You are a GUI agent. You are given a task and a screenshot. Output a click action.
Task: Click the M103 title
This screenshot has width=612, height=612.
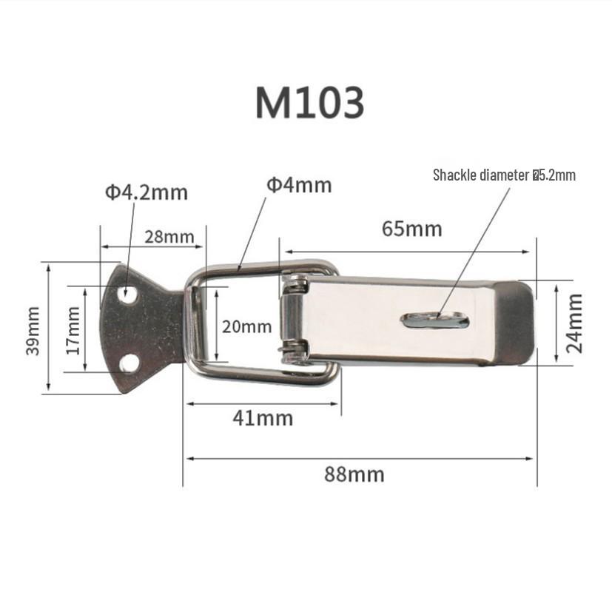coord(309,103)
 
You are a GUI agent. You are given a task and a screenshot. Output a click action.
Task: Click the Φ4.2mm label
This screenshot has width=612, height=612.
coord(146,193)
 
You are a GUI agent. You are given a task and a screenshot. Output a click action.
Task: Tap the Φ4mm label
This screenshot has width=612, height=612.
coord(299,185)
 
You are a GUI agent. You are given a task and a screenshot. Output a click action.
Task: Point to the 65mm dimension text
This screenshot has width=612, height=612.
coord(411,229)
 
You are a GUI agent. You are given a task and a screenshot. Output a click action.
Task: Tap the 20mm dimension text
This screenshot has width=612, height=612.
coord(246,326)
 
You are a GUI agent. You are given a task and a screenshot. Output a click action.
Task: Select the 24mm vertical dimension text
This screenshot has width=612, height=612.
coord(576,323)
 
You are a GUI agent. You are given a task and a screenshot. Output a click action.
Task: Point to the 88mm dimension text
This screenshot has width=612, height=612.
coord(354,474)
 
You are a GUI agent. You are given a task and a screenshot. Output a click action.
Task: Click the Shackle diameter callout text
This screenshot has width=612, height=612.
coord(504,175)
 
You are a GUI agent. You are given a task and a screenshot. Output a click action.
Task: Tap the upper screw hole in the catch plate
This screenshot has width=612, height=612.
coord(130,295)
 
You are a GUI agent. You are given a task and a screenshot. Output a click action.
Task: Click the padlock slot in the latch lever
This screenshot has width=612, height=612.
coord(437,320)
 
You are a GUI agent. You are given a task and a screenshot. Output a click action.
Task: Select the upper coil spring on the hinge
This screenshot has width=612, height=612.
coord(295,282)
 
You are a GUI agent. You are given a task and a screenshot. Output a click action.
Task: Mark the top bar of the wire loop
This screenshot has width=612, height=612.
coord(259,268)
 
